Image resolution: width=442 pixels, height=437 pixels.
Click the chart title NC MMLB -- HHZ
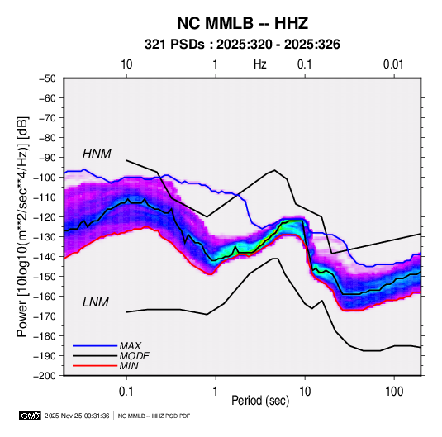[242, 23]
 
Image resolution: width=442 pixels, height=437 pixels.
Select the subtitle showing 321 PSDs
[242, 45]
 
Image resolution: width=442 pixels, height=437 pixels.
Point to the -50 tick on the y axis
[47, 78]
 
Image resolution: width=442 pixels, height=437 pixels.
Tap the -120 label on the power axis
[45, 217]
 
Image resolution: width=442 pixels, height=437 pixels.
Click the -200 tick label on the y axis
[45, 376]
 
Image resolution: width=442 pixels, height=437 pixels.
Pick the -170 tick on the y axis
[45, 316]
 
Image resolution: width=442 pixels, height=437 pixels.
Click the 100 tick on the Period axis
[394, 392]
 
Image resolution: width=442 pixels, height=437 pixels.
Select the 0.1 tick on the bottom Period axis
[126, 392]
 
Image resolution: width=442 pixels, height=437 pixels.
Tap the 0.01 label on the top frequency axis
[393, 64]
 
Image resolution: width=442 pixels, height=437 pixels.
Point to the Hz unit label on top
[260, 64]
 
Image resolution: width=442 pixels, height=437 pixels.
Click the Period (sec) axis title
[260, 401]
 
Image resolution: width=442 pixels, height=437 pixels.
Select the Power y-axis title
[22, 227]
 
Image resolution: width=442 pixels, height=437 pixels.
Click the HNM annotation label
[97, 154]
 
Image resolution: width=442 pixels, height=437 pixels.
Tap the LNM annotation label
[96, 302]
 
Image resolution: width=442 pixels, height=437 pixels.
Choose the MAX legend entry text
[130, 346]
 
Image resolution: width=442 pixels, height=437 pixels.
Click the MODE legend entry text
[134, 356]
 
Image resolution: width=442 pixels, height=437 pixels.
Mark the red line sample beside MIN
[95, 366]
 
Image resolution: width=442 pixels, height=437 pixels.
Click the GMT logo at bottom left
[31, 416]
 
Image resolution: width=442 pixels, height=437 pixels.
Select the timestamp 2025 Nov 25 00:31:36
[77, 416]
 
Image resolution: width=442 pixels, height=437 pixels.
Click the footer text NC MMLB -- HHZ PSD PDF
[154, 416]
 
